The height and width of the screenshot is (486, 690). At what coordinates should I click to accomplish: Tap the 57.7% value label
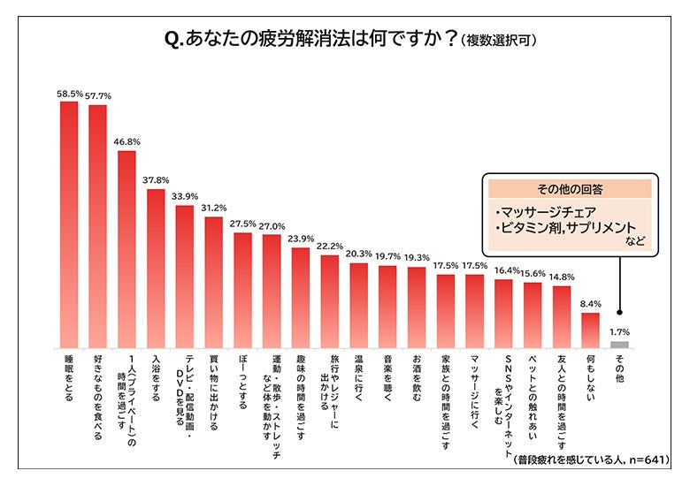pyautogui.click(x=97, y=95)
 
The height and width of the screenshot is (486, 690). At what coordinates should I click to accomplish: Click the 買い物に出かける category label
pyautogui.click(x=213, y=386)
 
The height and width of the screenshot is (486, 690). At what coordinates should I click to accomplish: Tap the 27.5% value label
pyautogui.click(x=242, y=224)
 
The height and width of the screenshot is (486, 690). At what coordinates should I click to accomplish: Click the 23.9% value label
pyautogui.click(x=301, y=239)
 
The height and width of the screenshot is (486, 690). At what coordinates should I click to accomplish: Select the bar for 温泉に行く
pyautogui.click(x=358, y=304)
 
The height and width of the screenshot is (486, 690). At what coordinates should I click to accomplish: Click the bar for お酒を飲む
pyautogui.click(x=417, y=306)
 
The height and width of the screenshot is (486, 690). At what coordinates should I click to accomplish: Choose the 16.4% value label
pyautogui.click(x=503, y=270)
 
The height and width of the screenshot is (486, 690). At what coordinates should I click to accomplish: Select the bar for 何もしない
pyautogui.click(x=590, y=329)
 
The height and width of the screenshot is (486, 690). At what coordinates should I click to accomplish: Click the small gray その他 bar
pyautogui.click(x=619, y=344)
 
